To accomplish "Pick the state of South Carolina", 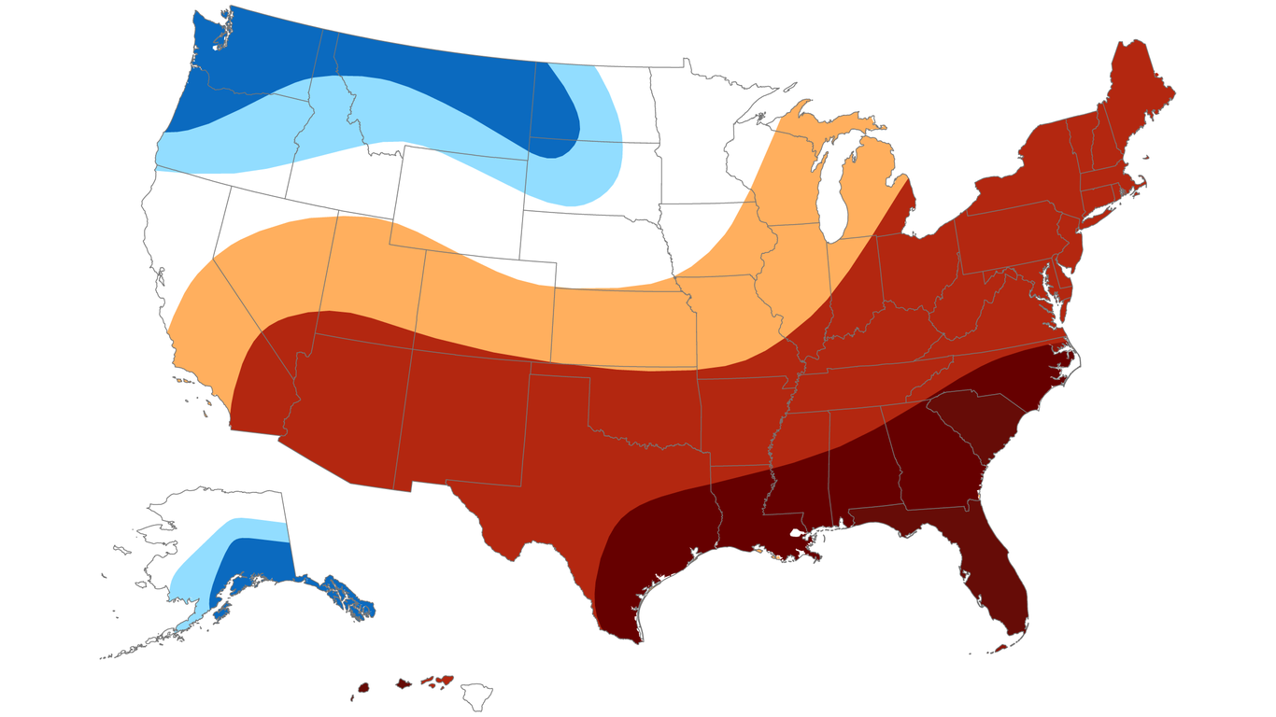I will point(971,420).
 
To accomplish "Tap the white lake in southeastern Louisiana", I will point(797,539).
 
